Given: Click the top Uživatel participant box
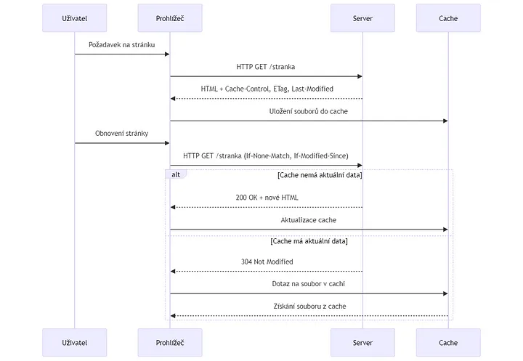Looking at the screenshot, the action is [x=74, y=18].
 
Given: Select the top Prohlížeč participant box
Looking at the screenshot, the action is [x=170, y=18].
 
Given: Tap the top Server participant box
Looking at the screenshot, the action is [x=362, y=18].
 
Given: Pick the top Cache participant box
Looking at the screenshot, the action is [x=448, y=18].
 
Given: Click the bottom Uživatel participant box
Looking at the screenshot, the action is [x=74, y=342].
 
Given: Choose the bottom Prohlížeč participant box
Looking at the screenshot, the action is [x=170, y=342].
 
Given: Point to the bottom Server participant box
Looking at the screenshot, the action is [x=362, y=342].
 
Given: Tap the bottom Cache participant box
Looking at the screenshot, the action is [x=448, y=342].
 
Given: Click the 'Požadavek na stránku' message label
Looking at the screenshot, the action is [x=122, y=45].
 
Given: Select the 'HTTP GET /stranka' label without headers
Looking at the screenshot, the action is [x=266, y=67].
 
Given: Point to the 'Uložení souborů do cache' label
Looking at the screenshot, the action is [x=309, y=111].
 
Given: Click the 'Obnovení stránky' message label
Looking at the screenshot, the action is [x=122, y=134].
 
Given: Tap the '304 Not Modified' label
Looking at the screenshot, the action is [x=267, y=261].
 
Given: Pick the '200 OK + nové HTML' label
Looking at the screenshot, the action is [x=267, y=198].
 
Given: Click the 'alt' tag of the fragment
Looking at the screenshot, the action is [x=176, y=174].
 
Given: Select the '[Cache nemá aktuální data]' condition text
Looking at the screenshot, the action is [x=320, y=175].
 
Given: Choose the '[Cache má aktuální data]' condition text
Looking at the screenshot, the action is [x=309, y=241].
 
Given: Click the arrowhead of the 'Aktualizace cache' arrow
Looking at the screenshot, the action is [x=445, y=230].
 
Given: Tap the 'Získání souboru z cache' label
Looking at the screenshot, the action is [x=310, y=307].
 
